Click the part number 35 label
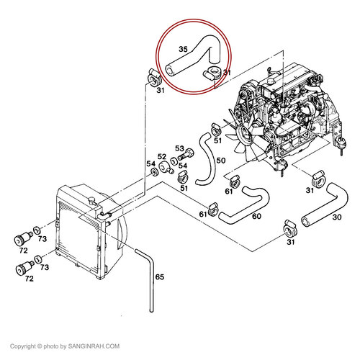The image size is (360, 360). tap(183, 49)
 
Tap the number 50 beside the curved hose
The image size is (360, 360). tap(221, 161)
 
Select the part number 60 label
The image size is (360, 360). tap(256, 216)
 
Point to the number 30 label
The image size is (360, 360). tap(337, 217)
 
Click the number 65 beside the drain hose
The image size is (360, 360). tap(160, 277)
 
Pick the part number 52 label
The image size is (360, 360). tap(162, 157)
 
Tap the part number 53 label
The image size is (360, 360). tap(179, 149)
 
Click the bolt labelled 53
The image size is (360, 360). tap(186, 154)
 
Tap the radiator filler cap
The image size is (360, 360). tap(91, 200)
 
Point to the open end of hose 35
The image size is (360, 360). tap(171, 71)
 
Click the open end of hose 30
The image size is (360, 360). tap(306, 221)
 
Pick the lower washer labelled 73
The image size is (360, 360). tap(38, 259)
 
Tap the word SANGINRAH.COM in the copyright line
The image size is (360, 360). tap(94, 346)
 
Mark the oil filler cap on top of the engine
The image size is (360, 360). tap(271, 81)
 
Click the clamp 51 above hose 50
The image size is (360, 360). tap(216, 130)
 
